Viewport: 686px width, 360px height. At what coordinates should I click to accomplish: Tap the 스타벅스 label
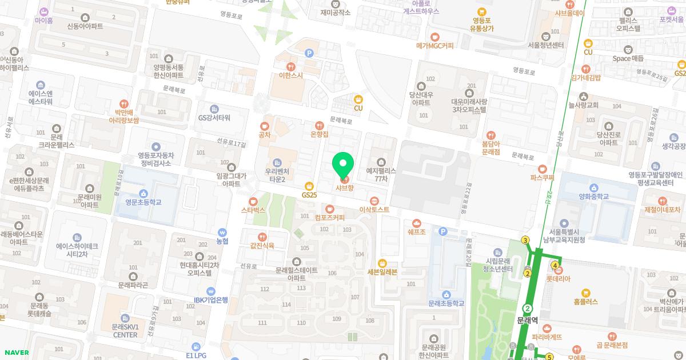pos(253,210)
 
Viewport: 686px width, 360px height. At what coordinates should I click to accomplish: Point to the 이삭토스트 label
pos(374,209)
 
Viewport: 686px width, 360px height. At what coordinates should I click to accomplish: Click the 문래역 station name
pos(527,321)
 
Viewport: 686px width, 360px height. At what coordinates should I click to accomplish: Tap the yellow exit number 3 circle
pos(525,240)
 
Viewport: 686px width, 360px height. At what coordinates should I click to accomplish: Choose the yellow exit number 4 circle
pos(555,265)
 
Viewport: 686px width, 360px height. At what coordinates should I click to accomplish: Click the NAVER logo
pos(15,353)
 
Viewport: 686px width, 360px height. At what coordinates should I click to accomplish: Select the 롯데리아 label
pos(559,279)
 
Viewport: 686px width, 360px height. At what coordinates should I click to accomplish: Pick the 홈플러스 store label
pos(585,301)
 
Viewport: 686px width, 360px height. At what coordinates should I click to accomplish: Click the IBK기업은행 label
pos(210,299)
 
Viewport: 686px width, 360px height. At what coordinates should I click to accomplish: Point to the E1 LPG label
pos(196,355)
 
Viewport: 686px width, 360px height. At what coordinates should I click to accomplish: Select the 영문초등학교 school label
pos(143,202)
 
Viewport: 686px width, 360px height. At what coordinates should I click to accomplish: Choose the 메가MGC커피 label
pos(434,45)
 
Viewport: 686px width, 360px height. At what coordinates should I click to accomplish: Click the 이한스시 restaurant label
pos(291,75)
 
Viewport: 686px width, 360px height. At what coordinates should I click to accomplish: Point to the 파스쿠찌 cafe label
pos(543,177)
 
